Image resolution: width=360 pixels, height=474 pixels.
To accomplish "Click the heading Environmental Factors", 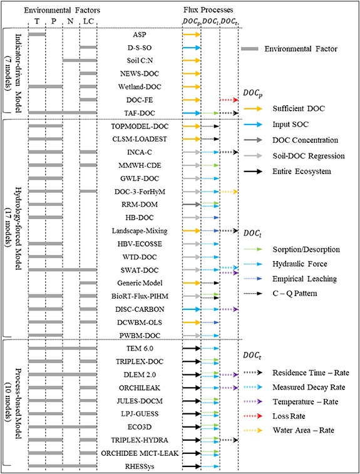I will tap(63, 11).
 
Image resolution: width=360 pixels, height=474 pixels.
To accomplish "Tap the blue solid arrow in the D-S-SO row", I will tap(191, 48).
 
